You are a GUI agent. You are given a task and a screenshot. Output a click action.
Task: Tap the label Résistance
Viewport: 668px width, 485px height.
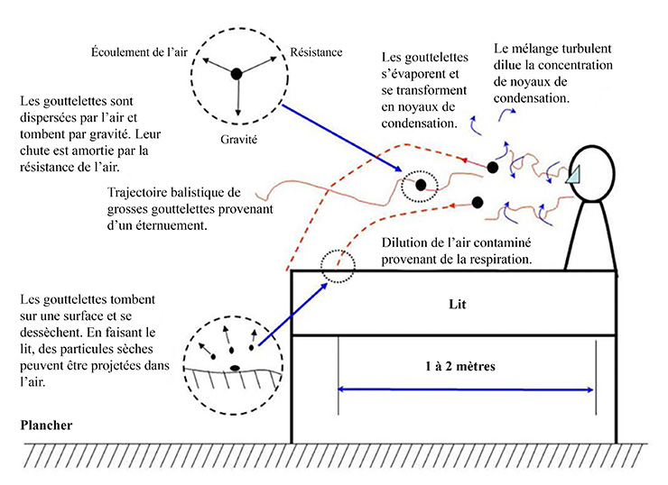(317, 51)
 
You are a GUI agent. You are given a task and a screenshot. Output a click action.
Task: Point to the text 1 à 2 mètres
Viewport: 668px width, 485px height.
(466, 367)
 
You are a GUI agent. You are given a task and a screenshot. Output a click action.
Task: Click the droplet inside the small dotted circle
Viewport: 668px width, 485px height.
(421, 185)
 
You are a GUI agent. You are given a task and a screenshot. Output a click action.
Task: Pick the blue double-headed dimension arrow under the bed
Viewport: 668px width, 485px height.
(466, 389)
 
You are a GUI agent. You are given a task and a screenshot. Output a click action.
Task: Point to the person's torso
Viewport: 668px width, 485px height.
(597, 233)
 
